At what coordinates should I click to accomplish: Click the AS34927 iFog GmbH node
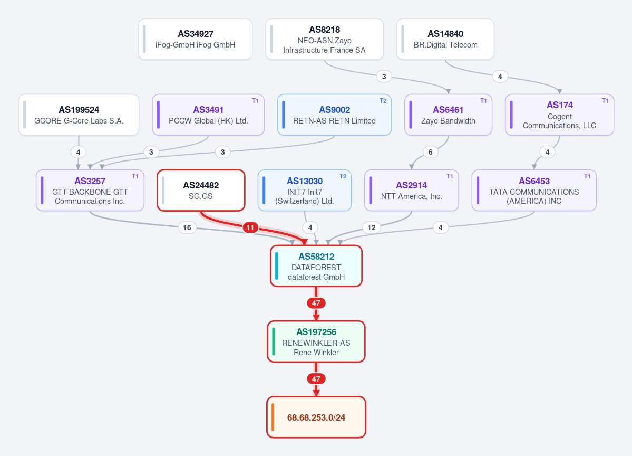(196, 39)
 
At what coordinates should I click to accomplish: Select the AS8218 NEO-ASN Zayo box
(325, 39)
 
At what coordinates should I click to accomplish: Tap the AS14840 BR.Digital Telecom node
(445, 39)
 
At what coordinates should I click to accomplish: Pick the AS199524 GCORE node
(79, 115)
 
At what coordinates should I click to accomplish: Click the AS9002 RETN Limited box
(335, 115)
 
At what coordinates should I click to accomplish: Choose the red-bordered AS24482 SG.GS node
(201, 190)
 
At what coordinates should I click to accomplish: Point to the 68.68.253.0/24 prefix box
(316, 417)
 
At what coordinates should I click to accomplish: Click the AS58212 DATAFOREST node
(316, 266)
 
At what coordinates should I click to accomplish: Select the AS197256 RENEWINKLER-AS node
(316, 342)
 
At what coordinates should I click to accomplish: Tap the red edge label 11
(250, 227)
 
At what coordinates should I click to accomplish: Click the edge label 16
(187, 227)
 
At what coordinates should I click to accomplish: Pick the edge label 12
(372, 227)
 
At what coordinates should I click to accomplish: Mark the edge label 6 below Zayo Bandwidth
(431, 152)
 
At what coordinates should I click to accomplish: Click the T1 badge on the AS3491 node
(255, 101)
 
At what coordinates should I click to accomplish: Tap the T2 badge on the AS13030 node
(343, 176)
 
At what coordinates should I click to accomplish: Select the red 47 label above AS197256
(316, 303)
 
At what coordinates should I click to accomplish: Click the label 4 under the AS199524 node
(78, 152)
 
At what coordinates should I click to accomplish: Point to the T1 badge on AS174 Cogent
(605, 101)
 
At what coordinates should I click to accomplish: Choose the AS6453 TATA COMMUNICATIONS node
(534, 190)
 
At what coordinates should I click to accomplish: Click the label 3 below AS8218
(384, 77)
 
